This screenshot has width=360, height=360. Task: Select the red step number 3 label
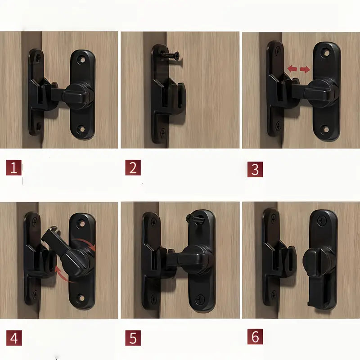point(255,169)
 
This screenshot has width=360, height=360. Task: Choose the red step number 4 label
point(14,337)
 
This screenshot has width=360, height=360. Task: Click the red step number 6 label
point(255,337)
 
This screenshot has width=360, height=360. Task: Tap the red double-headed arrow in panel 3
point(299,69)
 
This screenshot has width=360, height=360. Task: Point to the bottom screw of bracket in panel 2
point(162,132)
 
